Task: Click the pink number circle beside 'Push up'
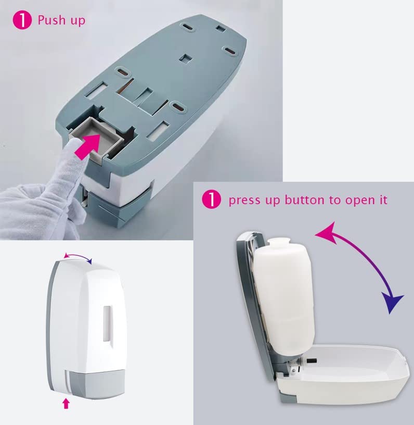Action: [x=22, y=20]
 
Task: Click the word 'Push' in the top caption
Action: [x=51, y=20]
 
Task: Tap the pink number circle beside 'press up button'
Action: [x=211, y=199]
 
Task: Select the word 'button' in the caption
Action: [x=304, y=200]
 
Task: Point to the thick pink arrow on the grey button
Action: [x=88, y=145]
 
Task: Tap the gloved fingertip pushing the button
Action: [x=71, y=148]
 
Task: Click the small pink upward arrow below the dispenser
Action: [x=66, y=403]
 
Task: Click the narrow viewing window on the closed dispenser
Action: [x=108, y=323]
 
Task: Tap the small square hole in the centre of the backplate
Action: [x=186, y=58]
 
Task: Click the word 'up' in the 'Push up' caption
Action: [x=78, y=21]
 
